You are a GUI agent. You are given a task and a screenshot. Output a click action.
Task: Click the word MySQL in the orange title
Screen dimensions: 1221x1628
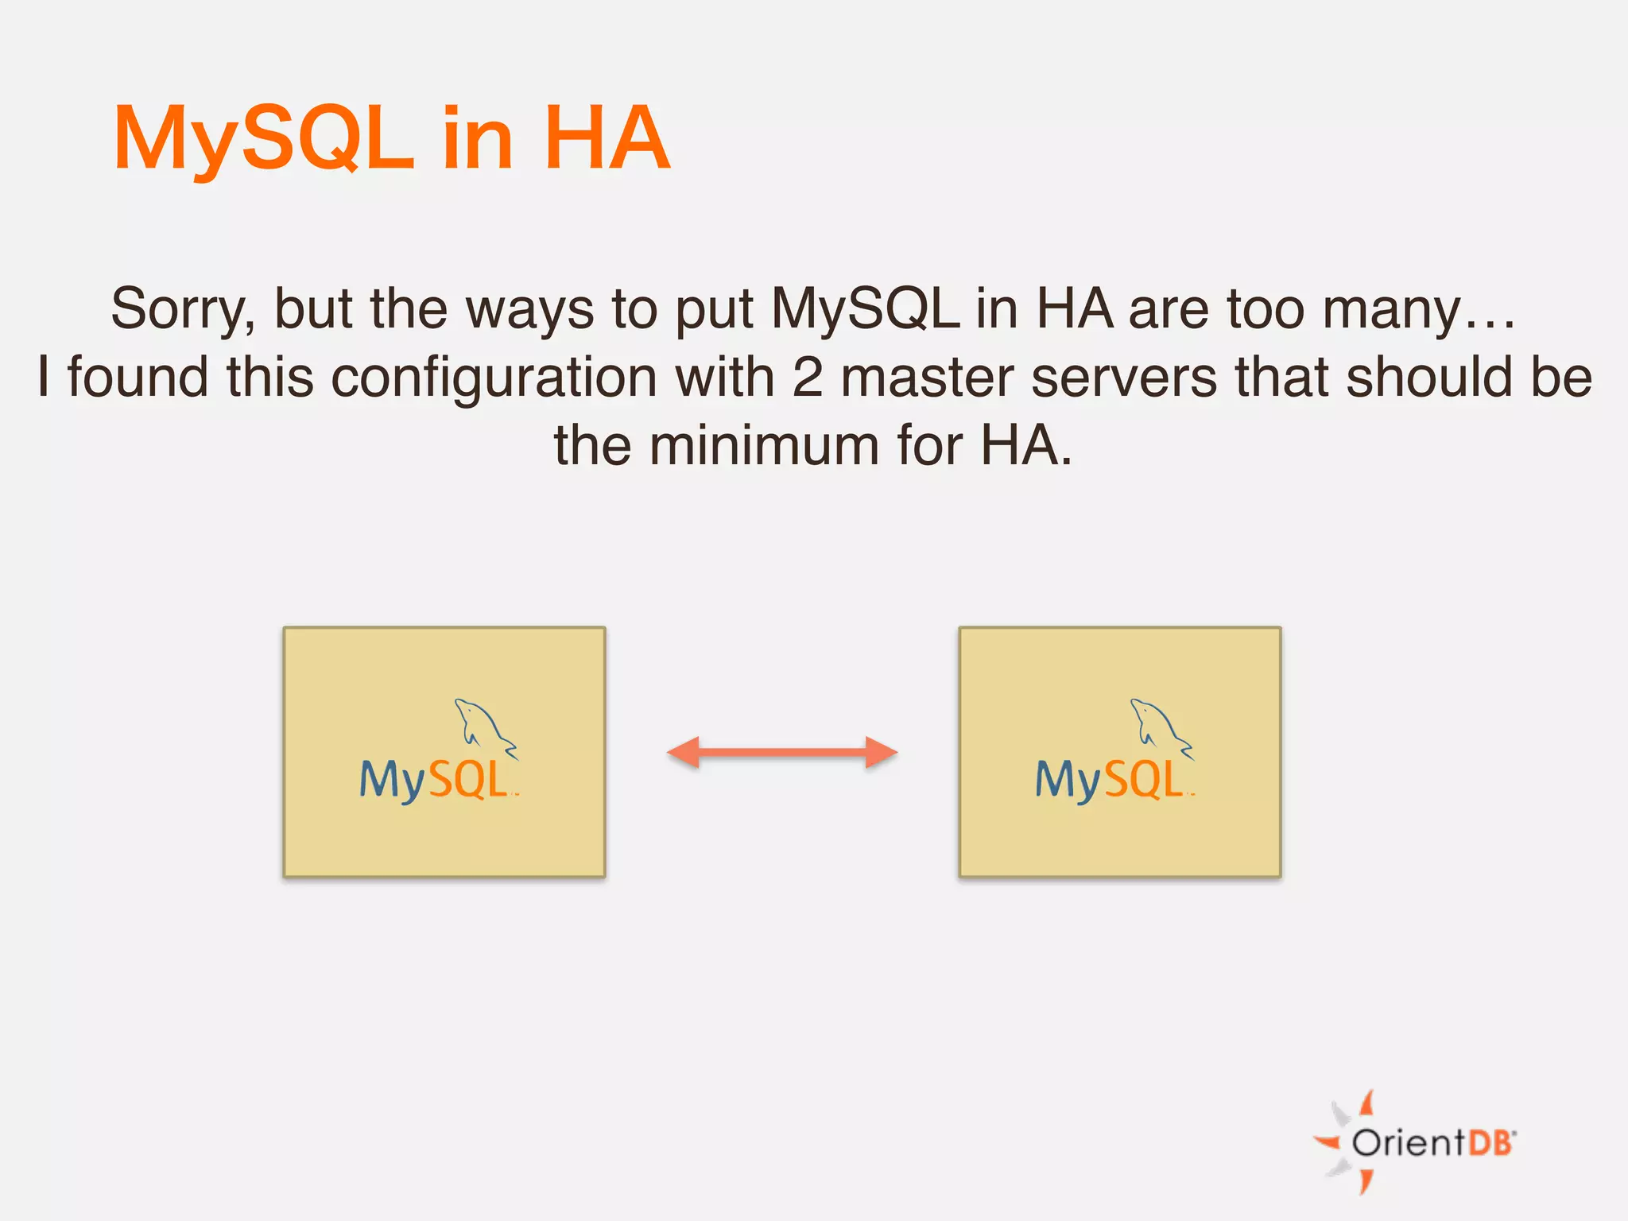click(264, 140)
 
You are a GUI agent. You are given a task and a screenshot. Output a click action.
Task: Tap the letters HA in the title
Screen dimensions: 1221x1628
click(607, 140)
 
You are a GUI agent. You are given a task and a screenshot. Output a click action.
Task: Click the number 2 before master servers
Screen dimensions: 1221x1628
click(807, 378)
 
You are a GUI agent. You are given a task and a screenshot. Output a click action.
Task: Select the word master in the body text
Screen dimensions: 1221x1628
click(927, 378)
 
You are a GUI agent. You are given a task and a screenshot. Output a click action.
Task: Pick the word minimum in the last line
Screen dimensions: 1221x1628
click(763, 446)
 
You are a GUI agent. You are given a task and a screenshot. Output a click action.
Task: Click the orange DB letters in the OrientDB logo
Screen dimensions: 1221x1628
click(1490, 1143)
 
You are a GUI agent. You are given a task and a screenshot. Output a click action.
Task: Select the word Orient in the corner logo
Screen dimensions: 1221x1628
click(1408, 1143)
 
